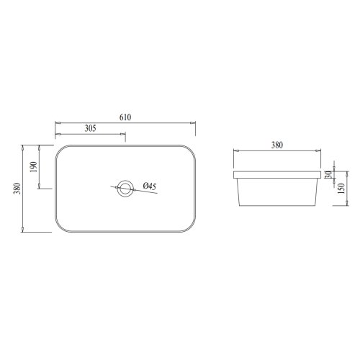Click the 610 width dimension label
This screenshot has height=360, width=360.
(126, 117)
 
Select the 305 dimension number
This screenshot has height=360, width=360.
(91, 129)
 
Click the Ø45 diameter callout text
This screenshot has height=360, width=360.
(150, 186)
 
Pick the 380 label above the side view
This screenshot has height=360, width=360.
(276, 145)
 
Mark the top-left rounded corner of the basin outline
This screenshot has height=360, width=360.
(60, 149)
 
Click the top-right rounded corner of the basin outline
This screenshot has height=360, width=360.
(192, 149)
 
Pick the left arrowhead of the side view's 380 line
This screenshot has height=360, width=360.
(236, 151)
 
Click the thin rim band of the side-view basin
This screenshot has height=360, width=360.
(276, 174)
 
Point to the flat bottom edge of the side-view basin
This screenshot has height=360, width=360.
(276, 205)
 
